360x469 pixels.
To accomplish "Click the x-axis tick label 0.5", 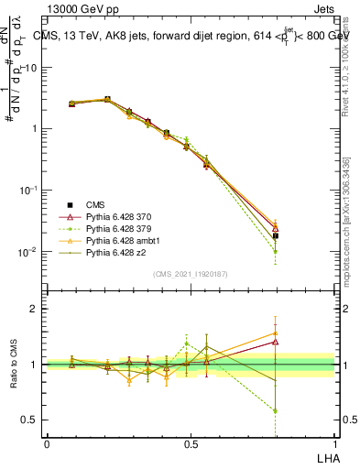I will tap(191, 443).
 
